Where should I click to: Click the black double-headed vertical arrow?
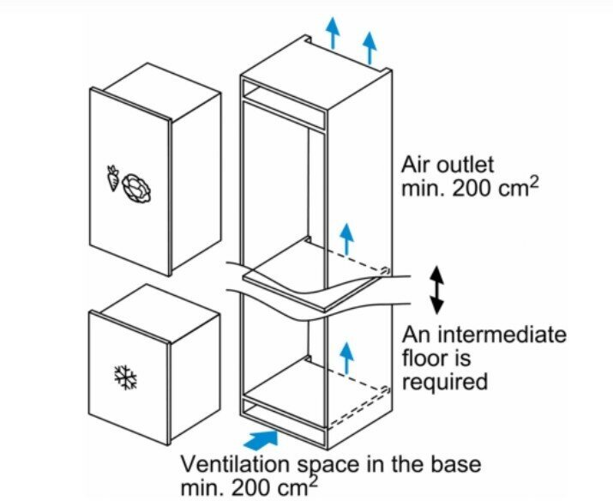pos(436,289)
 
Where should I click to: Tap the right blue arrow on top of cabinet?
pos(370,48)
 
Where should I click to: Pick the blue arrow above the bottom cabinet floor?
pos(346,355)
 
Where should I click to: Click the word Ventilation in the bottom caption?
pos(231,464)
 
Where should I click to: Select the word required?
pos(445,380)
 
